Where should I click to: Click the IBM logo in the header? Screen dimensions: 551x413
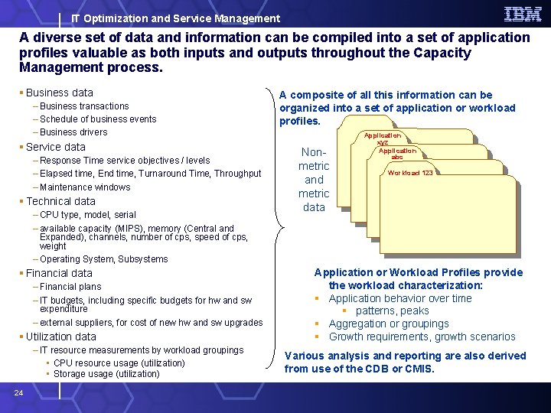pos(523,14)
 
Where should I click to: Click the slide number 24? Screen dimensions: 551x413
pos(19,393)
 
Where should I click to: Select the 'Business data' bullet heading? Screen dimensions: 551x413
pos(59,93)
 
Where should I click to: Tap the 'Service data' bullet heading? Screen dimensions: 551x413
pos(55,147)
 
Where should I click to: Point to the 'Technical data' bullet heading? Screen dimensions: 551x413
pos(60,201)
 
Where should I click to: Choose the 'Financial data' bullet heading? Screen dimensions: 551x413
pos(59,273)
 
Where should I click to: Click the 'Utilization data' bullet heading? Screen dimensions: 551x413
pos(60,337)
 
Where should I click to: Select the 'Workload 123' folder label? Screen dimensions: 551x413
pos(410,173)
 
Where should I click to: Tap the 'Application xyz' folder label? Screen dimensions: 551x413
pos(383,138)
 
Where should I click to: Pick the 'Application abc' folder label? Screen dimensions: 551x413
pos(397,154)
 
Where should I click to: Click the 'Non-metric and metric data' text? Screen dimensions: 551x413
pos(314,180)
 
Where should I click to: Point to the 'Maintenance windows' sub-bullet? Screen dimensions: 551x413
pos(85,187)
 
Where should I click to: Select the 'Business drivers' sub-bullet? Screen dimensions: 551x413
pos(73,132)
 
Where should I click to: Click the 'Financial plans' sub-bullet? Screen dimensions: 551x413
pos(70,287)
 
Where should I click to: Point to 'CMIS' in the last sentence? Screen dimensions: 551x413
pos(419,369)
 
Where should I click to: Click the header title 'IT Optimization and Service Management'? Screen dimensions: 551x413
pos(175,18)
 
